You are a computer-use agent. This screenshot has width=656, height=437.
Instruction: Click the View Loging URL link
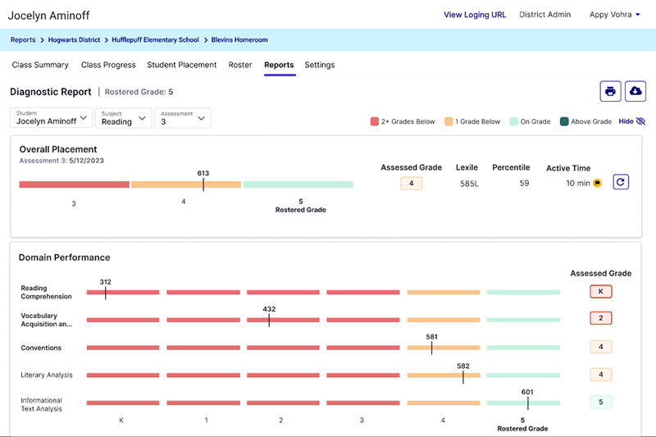coord(475,15)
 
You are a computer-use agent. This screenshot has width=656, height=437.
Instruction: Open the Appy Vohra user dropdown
coord(615,15)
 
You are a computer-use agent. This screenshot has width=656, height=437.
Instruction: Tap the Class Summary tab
coord(40,65)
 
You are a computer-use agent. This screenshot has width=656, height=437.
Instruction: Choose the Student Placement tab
coord(181,65)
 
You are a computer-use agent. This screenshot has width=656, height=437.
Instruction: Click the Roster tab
coord(240,65)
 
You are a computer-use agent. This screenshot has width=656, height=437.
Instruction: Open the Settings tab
coord(319,65)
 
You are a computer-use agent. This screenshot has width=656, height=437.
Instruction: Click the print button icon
coord(610,91)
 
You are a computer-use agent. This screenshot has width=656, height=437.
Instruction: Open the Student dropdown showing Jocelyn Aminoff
coord(51,118)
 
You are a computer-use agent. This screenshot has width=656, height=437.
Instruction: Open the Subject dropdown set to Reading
coord(123,118)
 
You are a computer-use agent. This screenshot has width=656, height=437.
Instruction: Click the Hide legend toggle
coord(631,121)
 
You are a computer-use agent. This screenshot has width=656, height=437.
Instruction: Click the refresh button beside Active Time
coord(621,183)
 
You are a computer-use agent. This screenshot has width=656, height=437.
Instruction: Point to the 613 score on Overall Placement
coord(203,174)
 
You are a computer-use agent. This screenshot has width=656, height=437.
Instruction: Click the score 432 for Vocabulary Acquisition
coord(269,309)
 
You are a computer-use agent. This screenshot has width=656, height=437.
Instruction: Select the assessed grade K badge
coord(600,291)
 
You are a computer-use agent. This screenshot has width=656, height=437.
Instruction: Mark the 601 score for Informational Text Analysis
coord(527,392)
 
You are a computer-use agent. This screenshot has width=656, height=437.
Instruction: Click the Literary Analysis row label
coord(47,376)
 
